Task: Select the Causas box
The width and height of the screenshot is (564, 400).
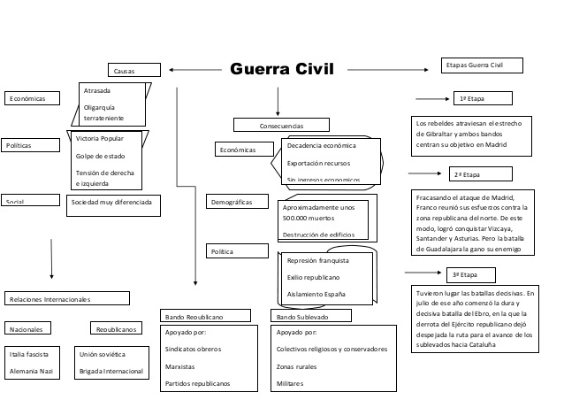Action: (x=134, y=70)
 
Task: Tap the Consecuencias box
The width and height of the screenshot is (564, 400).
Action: (x=279, y=126)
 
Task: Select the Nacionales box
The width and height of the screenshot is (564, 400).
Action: (x=32, y=329)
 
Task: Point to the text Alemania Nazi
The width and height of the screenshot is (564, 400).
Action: (x=32, y=371)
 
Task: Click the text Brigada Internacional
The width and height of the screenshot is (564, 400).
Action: (x=111, y=371)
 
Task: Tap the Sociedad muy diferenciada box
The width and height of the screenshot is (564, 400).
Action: (x=114, y=202)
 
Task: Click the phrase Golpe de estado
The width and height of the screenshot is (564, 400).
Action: (x=99, y=156)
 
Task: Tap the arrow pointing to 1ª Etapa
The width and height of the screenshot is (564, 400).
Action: (x=432, y=98)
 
